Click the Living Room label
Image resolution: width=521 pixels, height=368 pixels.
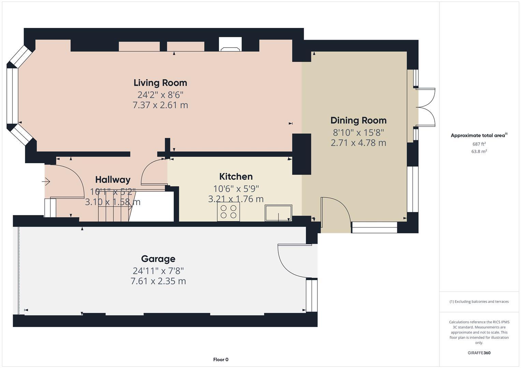click(x=160, y=83)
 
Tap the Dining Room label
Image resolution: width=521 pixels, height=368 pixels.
click(x=358, y=120)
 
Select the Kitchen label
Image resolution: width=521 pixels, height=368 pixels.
click(x=236, y=177)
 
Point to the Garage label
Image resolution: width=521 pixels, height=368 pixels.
click(x=158, y=259)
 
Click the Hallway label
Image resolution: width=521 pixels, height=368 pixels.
click(x=113, y=180)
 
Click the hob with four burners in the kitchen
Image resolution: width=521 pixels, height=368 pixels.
click(x=228, y=212)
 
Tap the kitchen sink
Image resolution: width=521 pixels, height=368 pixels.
click(x=278, y=213)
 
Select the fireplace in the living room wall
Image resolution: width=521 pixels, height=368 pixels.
click(x=230, y=45)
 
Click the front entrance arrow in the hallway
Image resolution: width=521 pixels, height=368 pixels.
click(x=46, y=182)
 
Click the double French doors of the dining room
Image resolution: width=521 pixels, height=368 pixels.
click(x=425, y=107)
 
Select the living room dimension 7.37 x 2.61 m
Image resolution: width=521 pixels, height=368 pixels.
click(x=160, y=105)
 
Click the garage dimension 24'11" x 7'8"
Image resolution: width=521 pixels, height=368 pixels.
click(x=158, y=271)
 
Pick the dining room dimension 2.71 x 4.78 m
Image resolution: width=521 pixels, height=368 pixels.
click(x=358, y=143)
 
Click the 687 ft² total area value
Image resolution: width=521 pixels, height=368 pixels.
click(x=479, y=144)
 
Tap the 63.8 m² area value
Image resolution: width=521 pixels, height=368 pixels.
click(x=479, y=152)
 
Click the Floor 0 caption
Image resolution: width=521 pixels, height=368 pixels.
click(x=221, y=359)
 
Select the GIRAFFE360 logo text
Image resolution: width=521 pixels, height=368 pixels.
click(x=479, y=353)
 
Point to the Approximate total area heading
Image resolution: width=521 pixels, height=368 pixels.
click(x=478, y=136)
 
